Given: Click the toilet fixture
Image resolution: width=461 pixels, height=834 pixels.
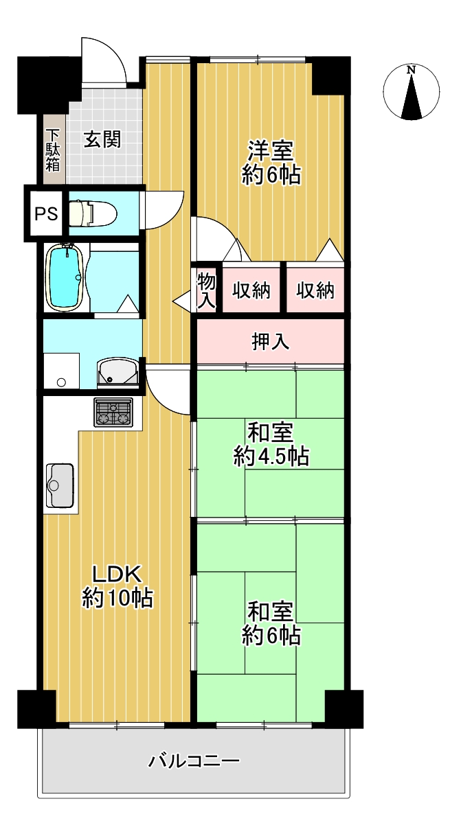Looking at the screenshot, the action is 93,213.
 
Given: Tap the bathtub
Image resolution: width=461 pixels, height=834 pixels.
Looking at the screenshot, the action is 64,277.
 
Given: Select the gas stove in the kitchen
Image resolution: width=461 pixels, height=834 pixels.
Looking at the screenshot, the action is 113,412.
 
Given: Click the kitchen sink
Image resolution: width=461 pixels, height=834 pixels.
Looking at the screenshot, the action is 60,485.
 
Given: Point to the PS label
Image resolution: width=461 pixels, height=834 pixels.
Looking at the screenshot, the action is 46,213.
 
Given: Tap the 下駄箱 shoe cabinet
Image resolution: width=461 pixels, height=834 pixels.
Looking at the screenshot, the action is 52,150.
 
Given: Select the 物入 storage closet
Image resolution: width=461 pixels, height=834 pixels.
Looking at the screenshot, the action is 206,290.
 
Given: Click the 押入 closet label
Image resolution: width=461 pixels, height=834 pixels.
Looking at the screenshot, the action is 271,341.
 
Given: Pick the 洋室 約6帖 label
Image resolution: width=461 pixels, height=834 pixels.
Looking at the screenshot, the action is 271,163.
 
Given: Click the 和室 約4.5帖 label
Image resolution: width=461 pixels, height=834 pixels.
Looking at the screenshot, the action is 271,444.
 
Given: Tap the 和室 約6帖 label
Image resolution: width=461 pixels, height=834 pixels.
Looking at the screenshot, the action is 271,624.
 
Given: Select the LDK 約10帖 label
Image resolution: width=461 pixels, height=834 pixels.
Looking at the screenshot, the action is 117,586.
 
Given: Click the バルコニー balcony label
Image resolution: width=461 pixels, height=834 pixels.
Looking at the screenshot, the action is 194,761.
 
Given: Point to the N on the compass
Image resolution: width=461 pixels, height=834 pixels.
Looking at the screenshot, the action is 411,69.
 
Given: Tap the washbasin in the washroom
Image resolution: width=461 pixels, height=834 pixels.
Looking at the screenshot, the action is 118,373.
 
